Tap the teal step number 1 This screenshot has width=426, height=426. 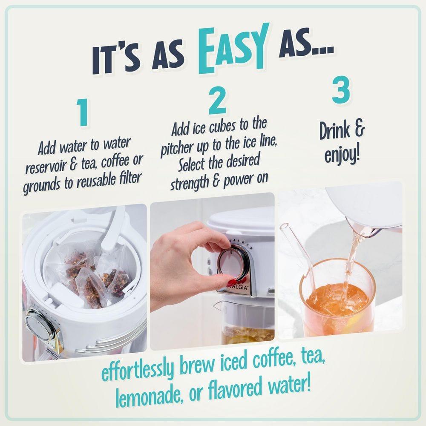(x=82, y=112)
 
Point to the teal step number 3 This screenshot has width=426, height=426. (x=341, y=89)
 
